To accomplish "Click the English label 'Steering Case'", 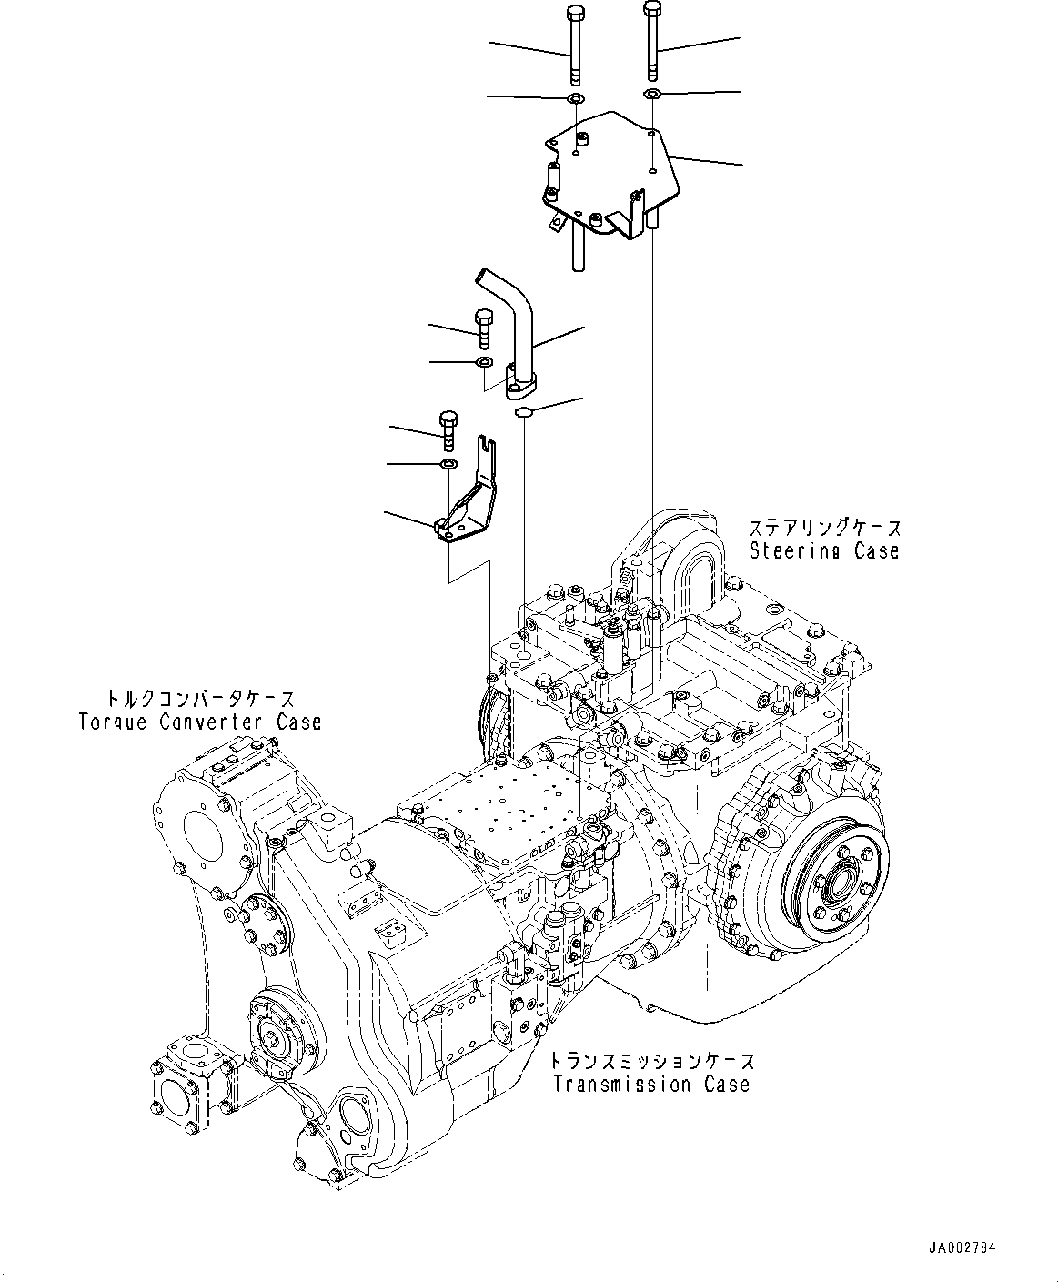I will coord(823,550).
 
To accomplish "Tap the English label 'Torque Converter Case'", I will coord(200,722).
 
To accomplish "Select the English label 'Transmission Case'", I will coord(650,1084).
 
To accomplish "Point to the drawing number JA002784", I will coord(962,1247).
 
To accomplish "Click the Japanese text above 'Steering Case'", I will coord(824,528).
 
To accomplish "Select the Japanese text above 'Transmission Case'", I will coord(651,1061).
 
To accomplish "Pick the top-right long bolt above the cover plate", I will coord(652,41).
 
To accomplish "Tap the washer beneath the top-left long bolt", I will coord(575,98).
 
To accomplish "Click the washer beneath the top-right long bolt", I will coord(652,95).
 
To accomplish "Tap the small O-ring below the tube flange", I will coord(523,413).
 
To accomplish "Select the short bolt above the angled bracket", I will coord(448,429).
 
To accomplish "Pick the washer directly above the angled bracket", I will coord(448,465).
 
